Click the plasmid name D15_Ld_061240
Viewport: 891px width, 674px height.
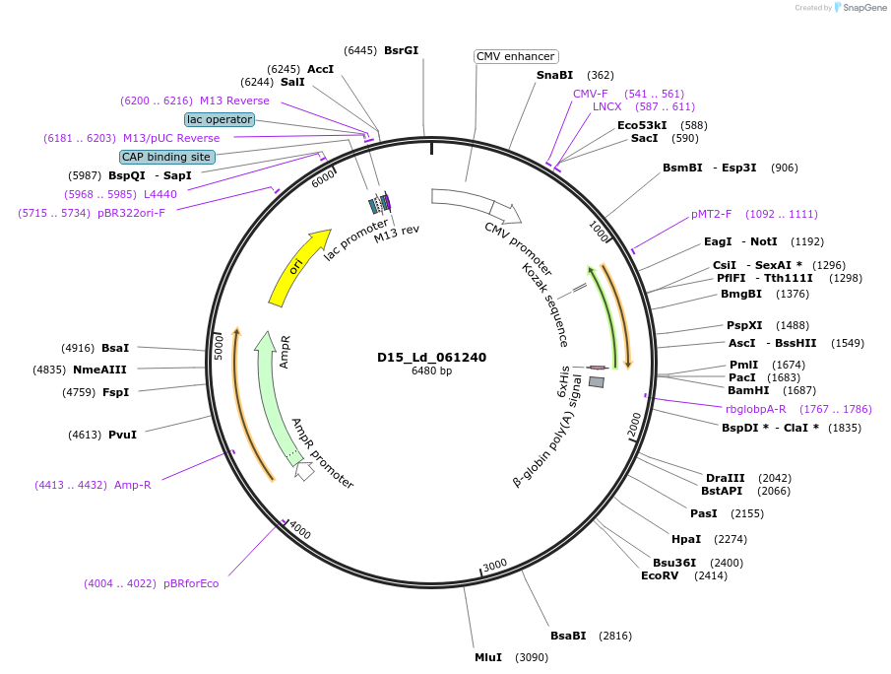point(431,357)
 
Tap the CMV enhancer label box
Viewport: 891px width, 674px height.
point(516,56)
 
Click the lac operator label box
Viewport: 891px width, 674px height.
point(220,119)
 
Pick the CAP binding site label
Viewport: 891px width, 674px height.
point(166,157)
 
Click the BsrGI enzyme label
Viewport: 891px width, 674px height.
point(401,50)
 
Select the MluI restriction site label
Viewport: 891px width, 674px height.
point(488,656)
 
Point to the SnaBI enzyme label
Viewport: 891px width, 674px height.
point(554,75)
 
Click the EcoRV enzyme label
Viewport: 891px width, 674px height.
point(660,575)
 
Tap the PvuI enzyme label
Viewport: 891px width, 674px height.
point(122,434)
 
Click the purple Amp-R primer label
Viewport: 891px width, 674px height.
point(133,485)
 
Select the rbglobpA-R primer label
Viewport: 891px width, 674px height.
point(756,409)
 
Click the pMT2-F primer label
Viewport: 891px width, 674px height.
point(712,214)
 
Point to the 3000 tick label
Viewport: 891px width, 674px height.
point(495,564)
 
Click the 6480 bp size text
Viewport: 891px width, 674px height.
point(431,371)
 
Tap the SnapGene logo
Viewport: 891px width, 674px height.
point(858,8)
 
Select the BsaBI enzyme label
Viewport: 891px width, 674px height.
point(568,636)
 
